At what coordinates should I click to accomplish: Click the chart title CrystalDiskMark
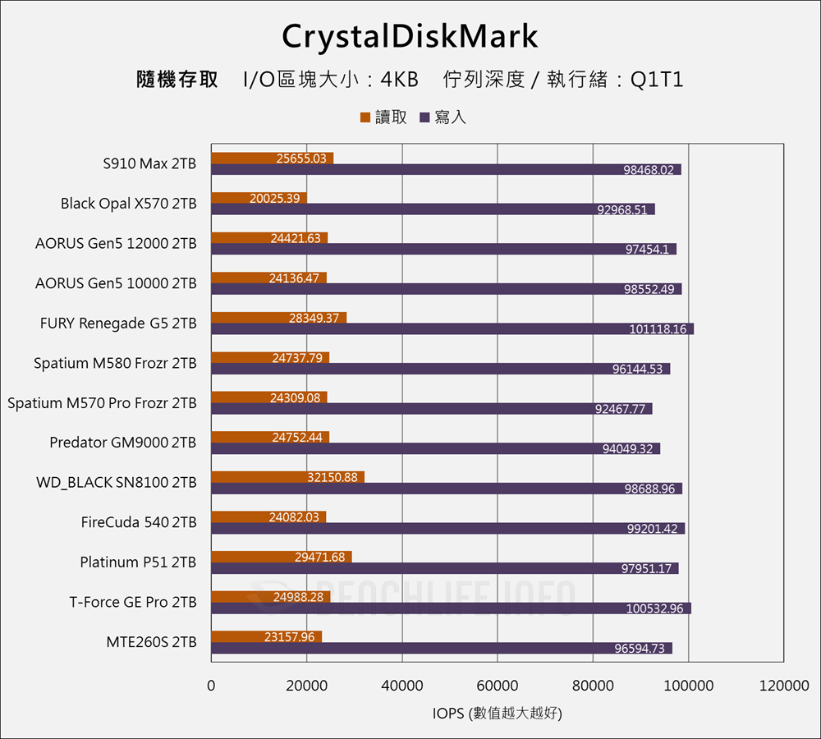click(x=410, y=37)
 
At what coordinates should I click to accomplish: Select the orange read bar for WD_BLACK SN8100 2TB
click(x=287, y=477)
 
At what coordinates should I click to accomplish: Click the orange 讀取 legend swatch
click(x=365, y=118)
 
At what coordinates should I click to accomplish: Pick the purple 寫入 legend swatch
click(x=424, y=118)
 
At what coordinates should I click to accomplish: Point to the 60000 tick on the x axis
click(x=498, y=686)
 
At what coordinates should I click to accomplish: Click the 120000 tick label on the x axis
click(x=784, y=686)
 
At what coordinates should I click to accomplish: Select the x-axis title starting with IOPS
click(x=498, y=714)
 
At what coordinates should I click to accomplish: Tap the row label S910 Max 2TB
click(x=149, y=163)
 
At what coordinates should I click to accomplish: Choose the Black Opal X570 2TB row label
click(x=129, y=204)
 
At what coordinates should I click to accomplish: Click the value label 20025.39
click(x=275, y=198)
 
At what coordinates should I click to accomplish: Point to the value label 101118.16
click(x=658, y=329)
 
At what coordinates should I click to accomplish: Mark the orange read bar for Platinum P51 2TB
click(x=282, y=557)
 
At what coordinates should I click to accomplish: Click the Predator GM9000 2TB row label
click(x=123, y=443)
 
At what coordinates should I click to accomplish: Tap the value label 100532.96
click(x=655, y=608)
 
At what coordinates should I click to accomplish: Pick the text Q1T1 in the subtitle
click(x=657, y=80)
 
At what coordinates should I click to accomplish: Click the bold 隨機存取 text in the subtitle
click(x=177, y=80)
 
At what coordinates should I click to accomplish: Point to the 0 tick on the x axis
click(x=211, y=686)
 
